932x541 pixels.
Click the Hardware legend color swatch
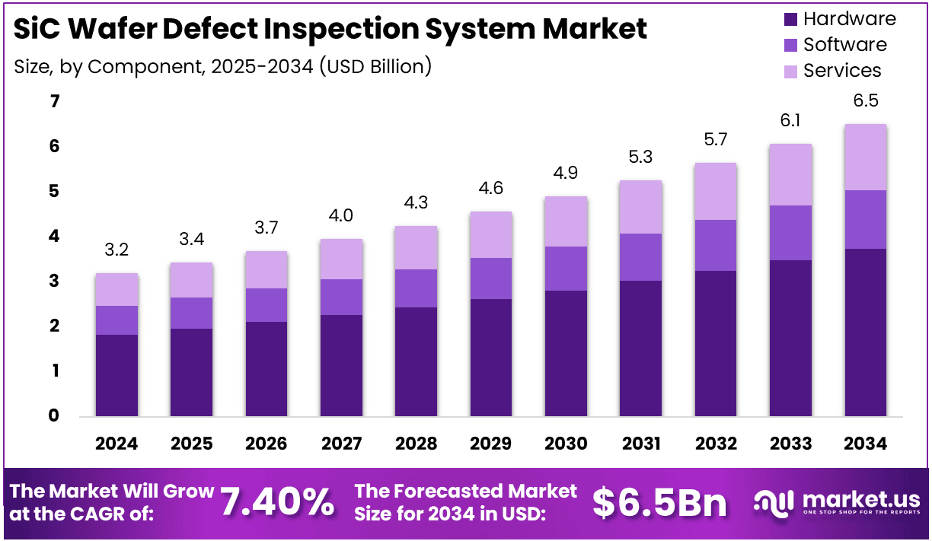pyautogui.click(x=790, y=20)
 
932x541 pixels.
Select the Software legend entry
pyautogui.click(x=844, y=45)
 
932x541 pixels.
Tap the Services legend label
pyautogui.click(x=842, y=71)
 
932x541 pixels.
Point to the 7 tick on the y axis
pyautogui.click(x=54, y=101)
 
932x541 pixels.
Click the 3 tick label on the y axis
pyautogui.click(x=54, y=282)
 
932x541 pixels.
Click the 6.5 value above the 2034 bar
pyautogui.click(x=865, y=101)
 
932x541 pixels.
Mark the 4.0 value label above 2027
pyautogui.click(x=341, y=216)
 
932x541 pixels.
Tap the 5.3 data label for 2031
pyautogui.click(x=640, y=158)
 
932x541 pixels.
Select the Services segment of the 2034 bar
pyautogui.click(x=865, y=157)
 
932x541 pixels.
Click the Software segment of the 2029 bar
pyautogui.click(x=490, y=278)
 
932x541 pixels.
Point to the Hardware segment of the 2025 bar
pyautogui.click(x=191, y=373)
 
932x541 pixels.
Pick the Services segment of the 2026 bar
pyautogui.click(x=266, y=269)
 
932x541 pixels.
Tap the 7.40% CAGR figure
pyautogui.click(x=277, y=502)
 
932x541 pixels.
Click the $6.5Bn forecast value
pyautogui.click(x=659, y=502)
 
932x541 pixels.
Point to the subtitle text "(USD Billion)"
pyautogui.click(x=375, y=66)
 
